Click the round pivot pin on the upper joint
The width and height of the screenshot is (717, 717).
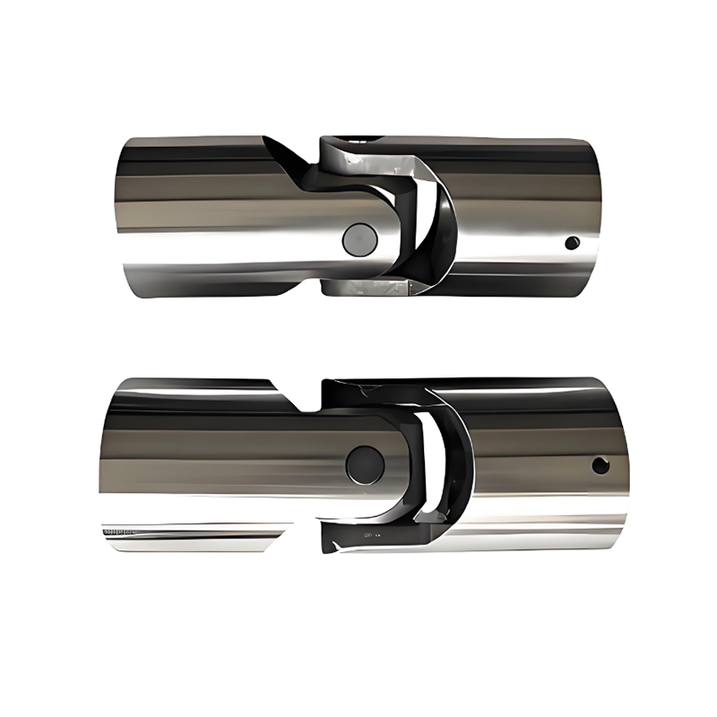pos(359,238)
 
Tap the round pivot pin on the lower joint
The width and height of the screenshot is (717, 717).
pos(365,460)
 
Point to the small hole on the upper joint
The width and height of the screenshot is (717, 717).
pos(570,242)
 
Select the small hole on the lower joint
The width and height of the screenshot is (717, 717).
pos(600,465)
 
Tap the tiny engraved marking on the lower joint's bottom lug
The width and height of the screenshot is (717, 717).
pos(368,535)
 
